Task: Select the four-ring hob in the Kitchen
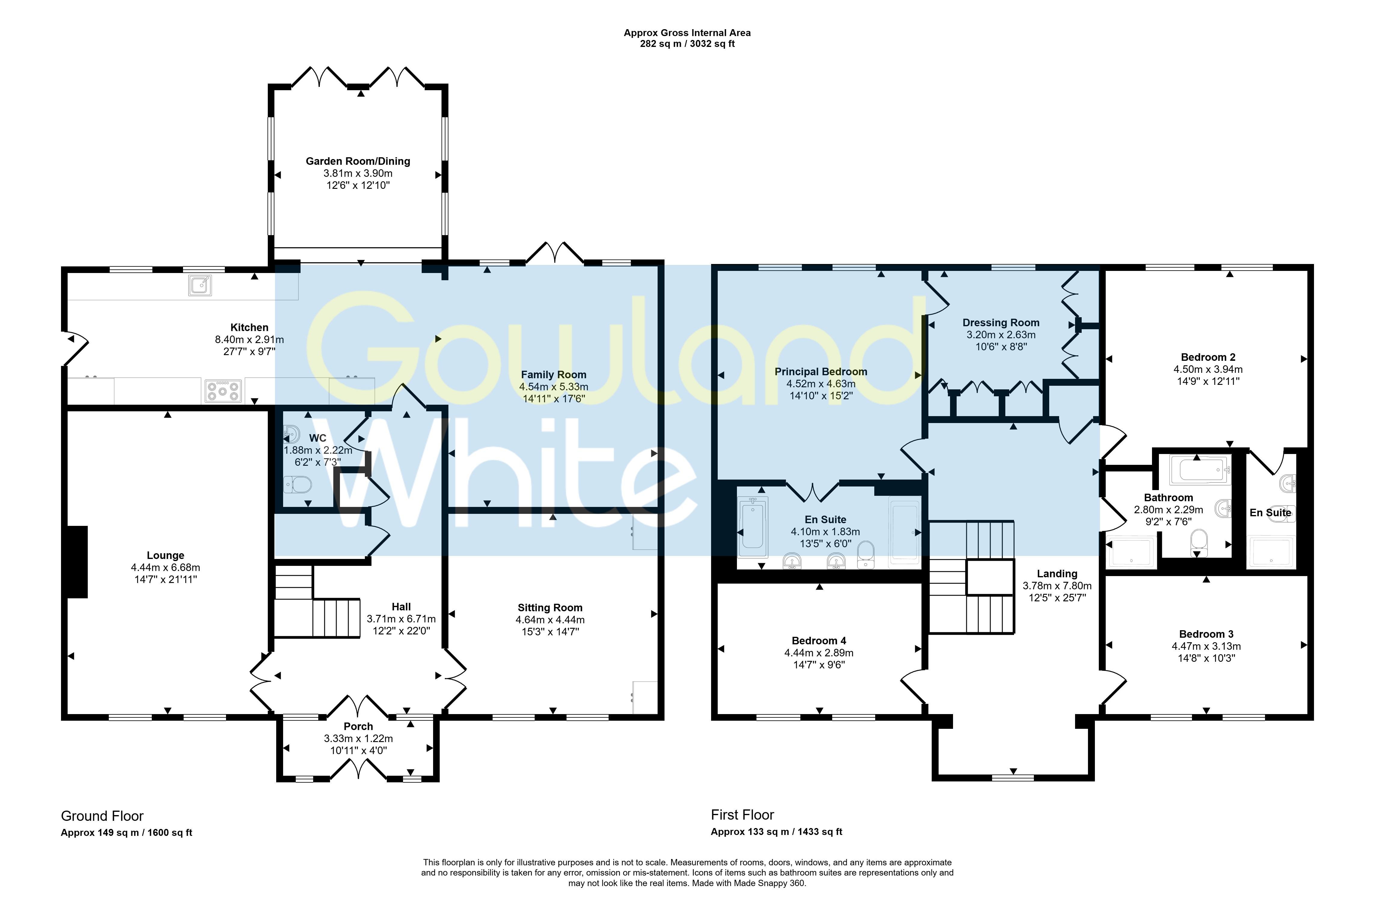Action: click(x=223, y=391)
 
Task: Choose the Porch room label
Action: click(x=358, y=726)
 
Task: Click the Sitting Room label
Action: click(x=550, y=607)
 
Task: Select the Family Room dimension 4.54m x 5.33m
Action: click(x=554, y=387)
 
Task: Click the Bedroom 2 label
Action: click(x=1208, y=357)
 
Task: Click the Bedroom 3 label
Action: click(x=1206, y=634)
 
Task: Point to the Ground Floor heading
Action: click(x=102, y=816)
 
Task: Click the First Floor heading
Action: click(x=742, y=815)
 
